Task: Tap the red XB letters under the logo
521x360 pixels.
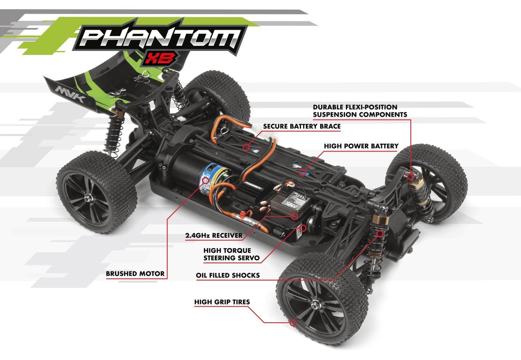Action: pos(160,59)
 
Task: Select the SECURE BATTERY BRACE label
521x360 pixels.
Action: pos(302,127)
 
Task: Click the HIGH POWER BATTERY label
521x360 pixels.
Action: pos(361,146)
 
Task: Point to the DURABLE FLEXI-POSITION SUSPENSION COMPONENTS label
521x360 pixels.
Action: pos(360,111)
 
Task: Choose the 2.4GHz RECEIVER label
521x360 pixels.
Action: pos(214,235)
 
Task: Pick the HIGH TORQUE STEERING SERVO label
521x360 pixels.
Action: pos(231,254)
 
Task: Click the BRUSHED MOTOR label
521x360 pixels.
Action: pos(135,274)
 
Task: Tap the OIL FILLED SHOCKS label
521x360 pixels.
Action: pos(228,275)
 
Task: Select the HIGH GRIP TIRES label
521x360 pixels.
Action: pos(222,302)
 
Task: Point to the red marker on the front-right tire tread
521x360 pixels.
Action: pos(294,322)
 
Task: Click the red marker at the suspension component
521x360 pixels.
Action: pos(410,176)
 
